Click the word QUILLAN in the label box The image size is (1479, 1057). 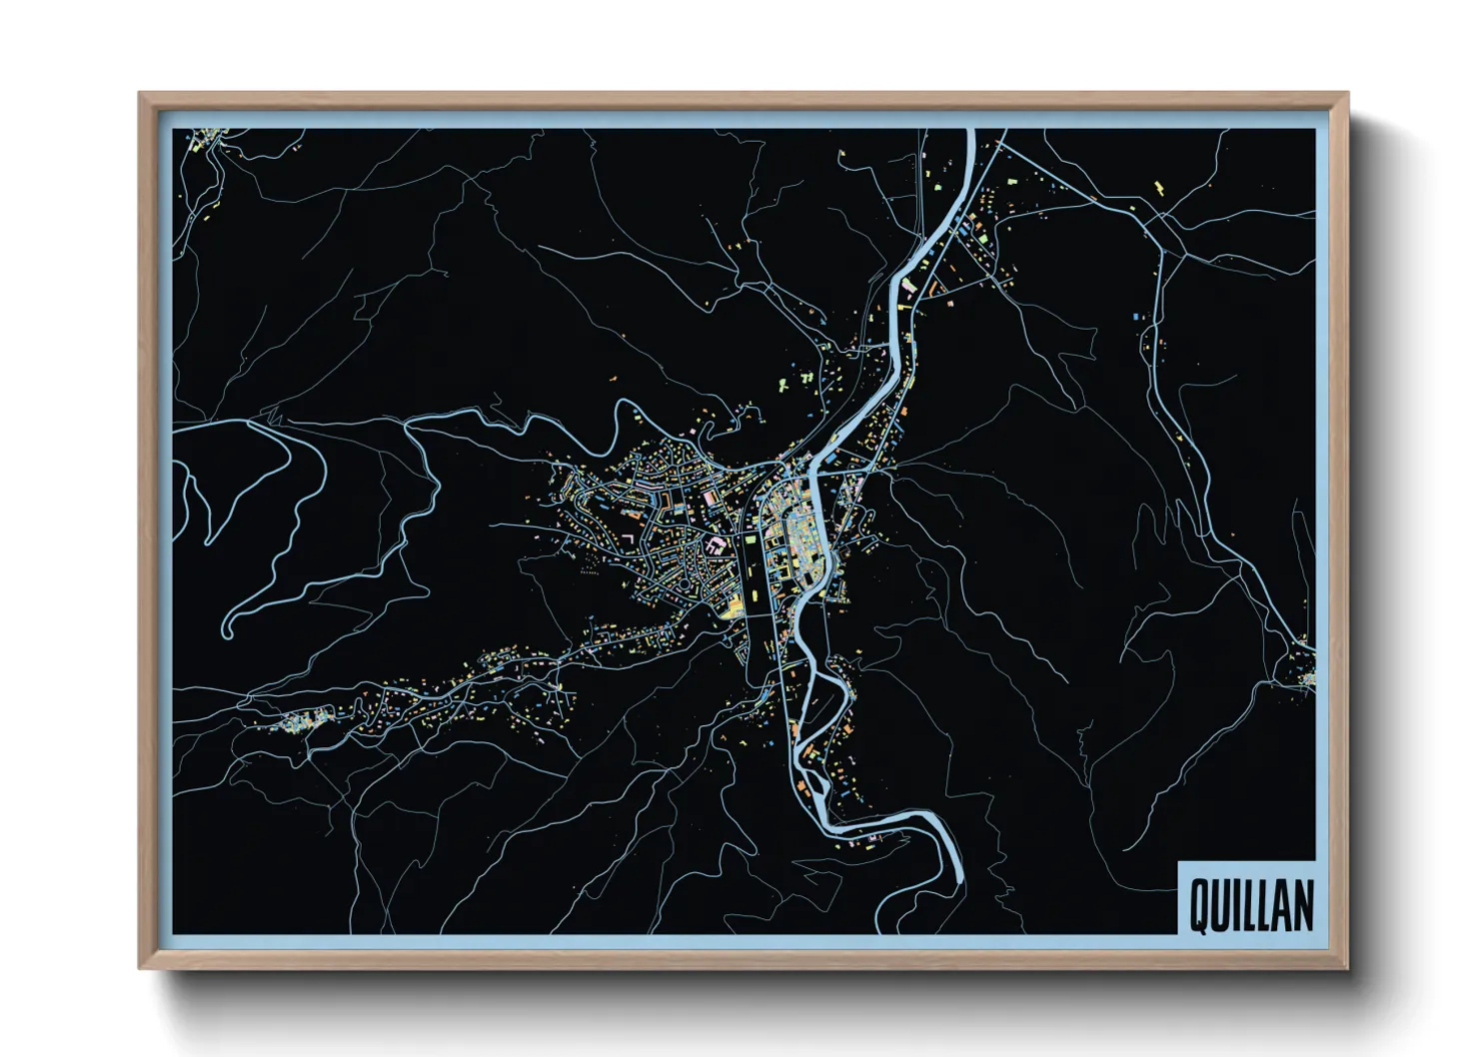tap(1250, 905)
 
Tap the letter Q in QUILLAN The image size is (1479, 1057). tap(1198, 905)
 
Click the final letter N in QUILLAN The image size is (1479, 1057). tap(1303, 905)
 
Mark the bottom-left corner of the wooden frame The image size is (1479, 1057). tap(141, 966)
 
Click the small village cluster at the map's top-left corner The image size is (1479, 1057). tap(205, 139)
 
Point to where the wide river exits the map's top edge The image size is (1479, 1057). tap(968, 131)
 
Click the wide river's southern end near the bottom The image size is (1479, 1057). tap(960, 879)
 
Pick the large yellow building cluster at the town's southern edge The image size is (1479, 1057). tap(734, 604)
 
